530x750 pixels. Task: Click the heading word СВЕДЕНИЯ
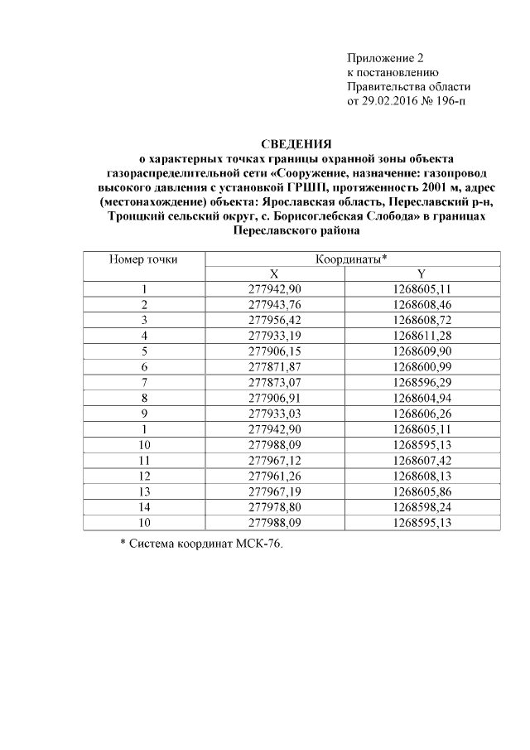[x=296, y=143]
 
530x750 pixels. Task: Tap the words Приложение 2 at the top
[x=384, y=58]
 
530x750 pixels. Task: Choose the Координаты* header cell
[x=351, y=260]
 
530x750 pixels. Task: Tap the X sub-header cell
[x=275, y=274]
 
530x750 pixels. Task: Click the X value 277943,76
[x=275, y=304]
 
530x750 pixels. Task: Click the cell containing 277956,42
[x=275, y=319]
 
